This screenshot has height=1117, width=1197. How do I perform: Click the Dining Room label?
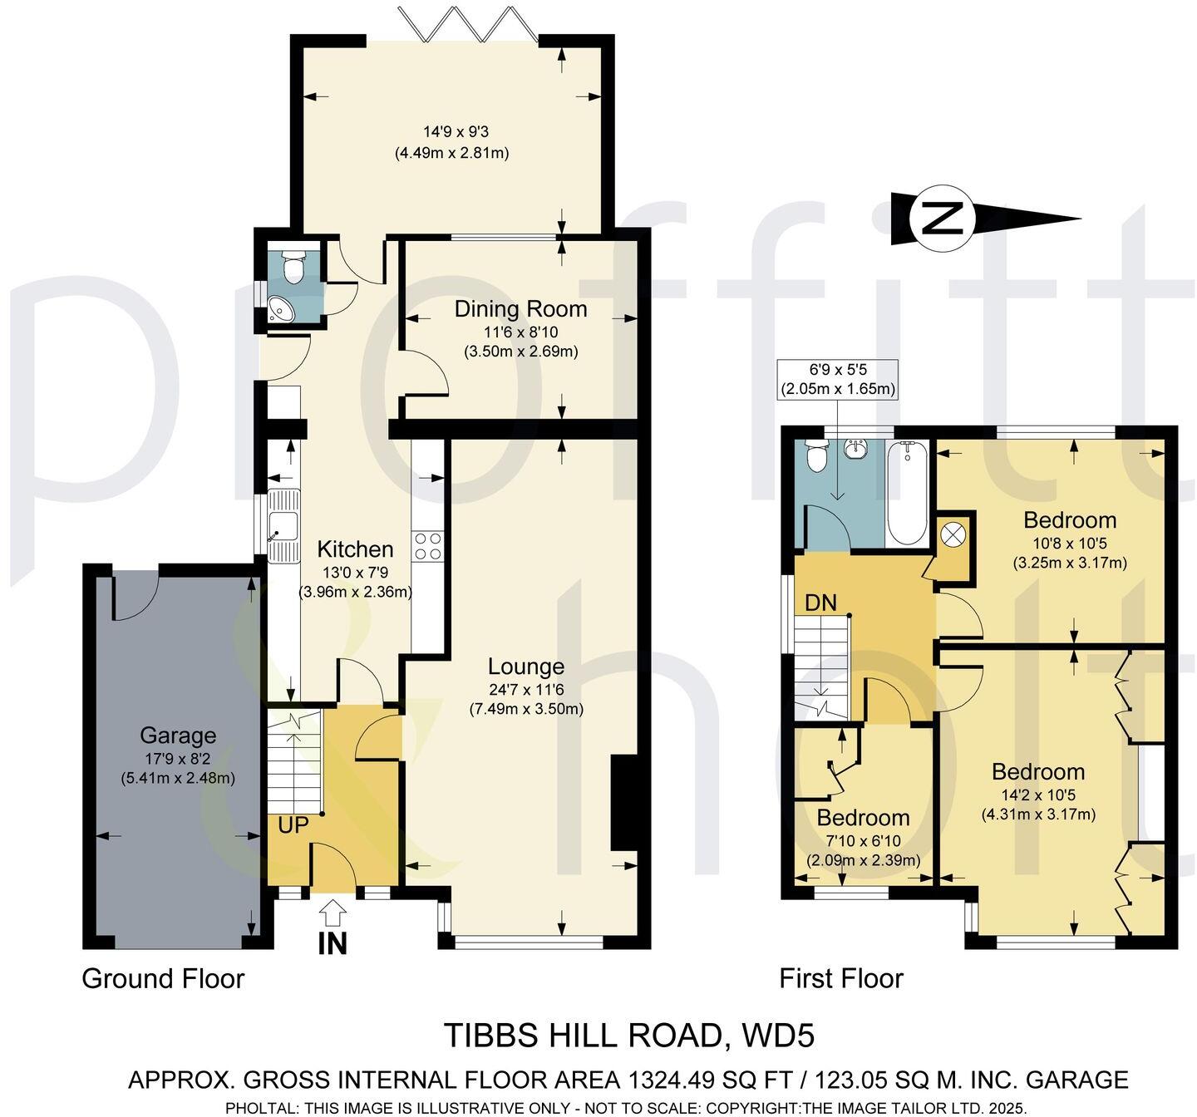(520, 309)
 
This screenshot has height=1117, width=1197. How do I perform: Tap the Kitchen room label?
(355, 549)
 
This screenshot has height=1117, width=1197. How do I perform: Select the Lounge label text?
(525, 667)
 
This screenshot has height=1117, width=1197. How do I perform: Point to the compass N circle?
(942, 219)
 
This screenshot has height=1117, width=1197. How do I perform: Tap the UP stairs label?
(293, 825)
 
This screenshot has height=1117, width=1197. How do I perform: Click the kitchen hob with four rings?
(428, 546)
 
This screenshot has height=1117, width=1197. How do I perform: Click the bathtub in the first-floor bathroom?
(907, 493)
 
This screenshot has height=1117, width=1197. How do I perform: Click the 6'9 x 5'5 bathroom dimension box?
(837, 380)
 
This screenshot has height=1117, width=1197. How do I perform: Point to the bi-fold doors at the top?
(469, 22)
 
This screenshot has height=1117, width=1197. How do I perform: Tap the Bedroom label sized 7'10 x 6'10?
(863, 817)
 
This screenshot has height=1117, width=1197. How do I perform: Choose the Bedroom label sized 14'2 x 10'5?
(1038, 771)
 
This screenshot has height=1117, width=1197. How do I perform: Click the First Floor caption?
(840, 978)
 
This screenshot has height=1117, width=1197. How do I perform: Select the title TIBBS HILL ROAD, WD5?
(628, 1036)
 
